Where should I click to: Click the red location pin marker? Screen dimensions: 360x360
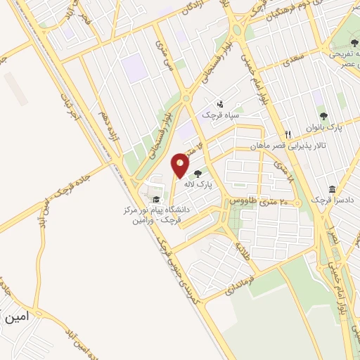(x=180, y=165)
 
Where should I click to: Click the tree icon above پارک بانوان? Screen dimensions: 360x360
(x=323, y=116)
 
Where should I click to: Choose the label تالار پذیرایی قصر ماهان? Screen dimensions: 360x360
(x=277, y=147)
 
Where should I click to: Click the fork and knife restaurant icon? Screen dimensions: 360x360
(x=288, y=135)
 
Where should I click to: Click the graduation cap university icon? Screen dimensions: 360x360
(x=155, y=198)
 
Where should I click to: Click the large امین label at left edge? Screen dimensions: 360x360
(x=15, y=317)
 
